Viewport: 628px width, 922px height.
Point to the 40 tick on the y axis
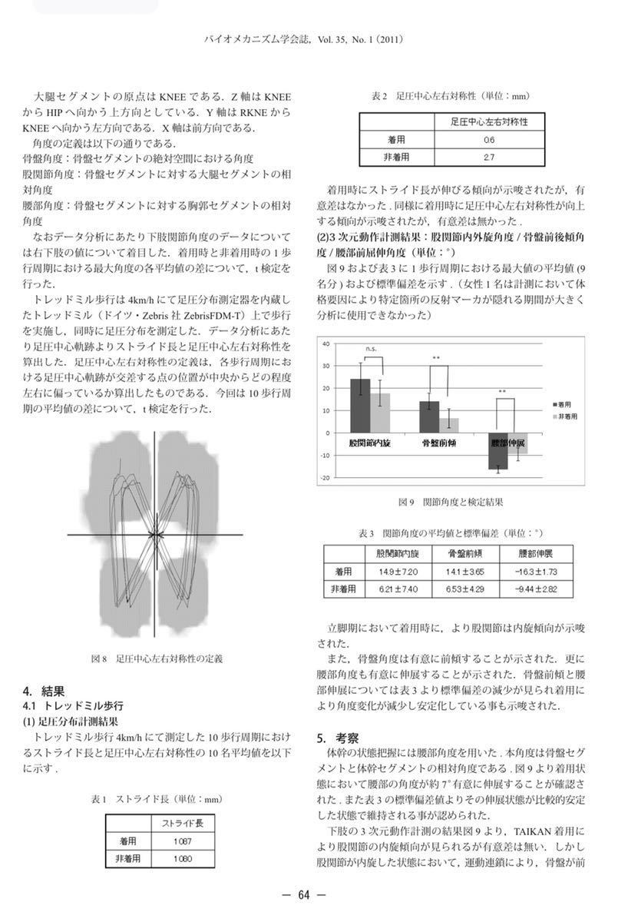click(326, 343)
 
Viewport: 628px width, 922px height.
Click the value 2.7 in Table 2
click(488, 157)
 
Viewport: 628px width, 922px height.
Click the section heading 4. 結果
click(43, 690)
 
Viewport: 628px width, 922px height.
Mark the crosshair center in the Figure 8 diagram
click(155, 534)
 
